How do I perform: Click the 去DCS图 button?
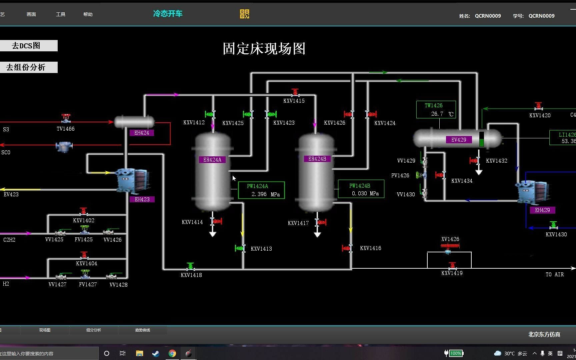tap(26, 46)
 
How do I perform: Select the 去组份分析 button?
tap(26, 67)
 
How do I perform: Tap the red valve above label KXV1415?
tap(295, 92)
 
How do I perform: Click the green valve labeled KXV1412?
tap(210, 114)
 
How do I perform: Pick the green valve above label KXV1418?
tap(190, 266)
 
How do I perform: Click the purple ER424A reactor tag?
tap(212, 160)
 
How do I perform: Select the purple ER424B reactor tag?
tap(317, 159)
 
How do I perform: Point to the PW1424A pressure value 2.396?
tap(259, 194)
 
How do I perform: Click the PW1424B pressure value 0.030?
tap(359, 194)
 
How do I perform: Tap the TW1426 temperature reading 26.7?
tap(437, 114)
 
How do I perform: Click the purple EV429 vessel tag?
tap(459, 140)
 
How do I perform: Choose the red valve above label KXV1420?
tap(538, 106)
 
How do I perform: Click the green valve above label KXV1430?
tap(554, 226)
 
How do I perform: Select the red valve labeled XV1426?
tap(450, 246)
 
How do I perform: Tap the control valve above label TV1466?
tap(66, 118)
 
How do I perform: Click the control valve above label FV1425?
tap(84, 230)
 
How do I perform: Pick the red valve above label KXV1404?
tap(84, 255)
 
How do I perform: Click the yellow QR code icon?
tap(244, 14)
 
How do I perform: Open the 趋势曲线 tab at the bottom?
tap(143, 330)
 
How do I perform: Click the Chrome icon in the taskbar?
tap(172, 353)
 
